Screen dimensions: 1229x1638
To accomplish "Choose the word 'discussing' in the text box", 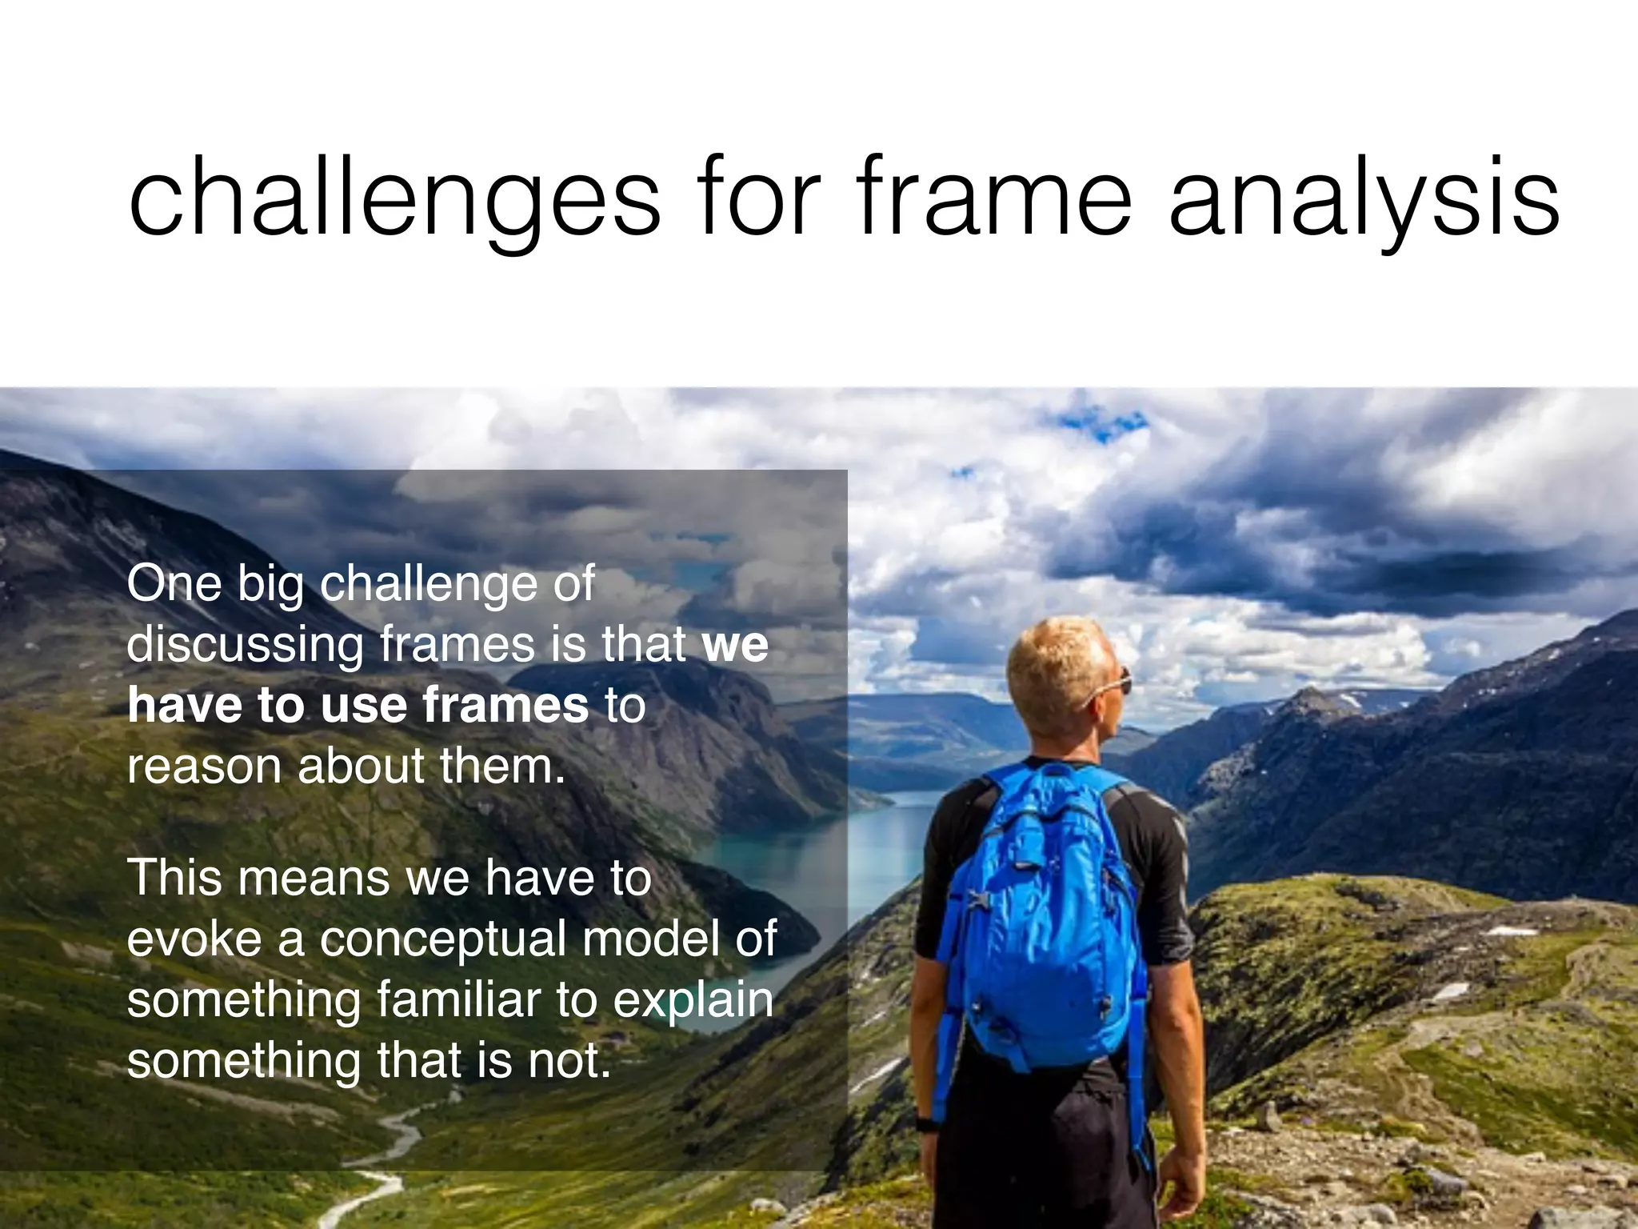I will click(x=245, y=645).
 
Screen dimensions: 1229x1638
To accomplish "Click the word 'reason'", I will click(x=205, y=767).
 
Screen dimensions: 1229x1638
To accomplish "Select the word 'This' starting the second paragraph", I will click(x=174, y=877).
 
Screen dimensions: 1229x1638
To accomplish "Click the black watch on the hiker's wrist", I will click(x=925, y=1124).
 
